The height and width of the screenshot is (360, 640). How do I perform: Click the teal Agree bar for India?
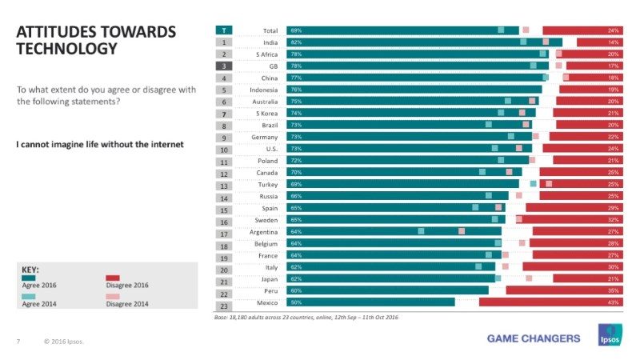click(424, 42)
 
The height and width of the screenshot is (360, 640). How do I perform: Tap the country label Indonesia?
click(263, 90)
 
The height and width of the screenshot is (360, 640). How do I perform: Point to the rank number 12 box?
click(226, 173)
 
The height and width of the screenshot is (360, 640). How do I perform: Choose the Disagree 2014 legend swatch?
click(113, 296)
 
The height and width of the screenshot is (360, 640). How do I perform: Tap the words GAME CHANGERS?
click(534, 338)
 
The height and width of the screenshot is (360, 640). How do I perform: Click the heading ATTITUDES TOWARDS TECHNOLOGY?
click(95, 40)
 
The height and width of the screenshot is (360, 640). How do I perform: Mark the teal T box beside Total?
click(226, 30)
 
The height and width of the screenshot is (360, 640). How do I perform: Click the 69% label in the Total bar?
click(296, 30)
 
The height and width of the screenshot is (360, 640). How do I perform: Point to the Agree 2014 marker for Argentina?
click(421, 231)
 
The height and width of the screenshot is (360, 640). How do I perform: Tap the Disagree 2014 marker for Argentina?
click(462, 231)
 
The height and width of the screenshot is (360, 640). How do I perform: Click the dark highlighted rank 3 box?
click(226, 66)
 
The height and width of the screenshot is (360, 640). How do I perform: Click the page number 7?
click(18, 342)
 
